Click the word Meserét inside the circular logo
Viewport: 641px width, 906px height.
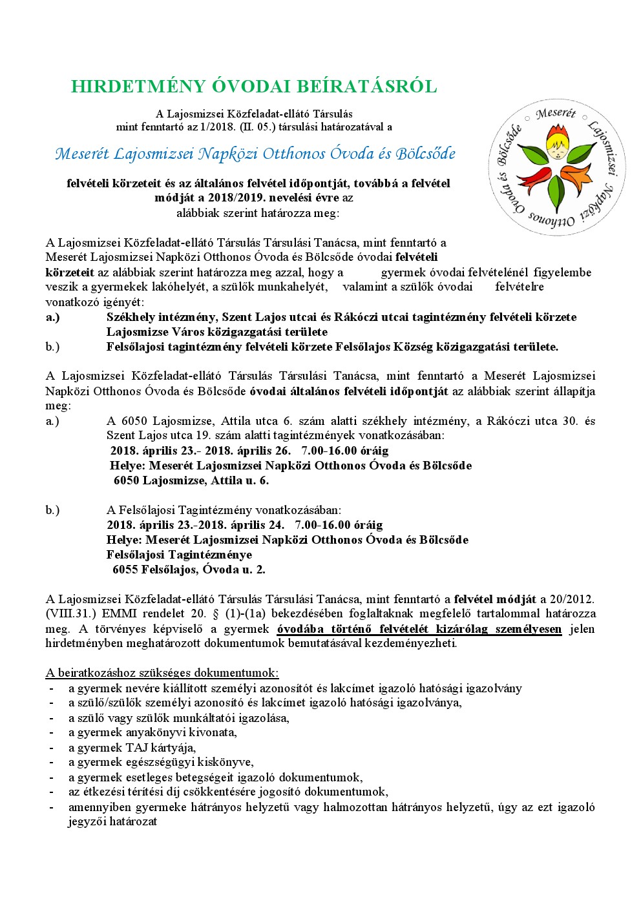(x=556, y=114)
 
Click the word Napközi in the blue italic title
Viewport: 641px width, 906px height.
(x=226, y=154)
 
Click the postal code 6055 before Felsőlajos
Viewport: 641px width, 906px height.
(x=125, y=570)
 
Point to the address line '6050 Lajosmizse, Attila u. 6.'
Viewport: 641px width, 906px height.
(x=191, y=480)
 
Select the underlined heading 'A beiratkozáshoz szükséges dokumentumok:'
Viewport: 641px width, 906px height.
(x=162, y=673)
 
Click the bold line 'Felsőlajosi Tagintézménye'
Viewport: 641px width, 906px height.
(x=179, y=555)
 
